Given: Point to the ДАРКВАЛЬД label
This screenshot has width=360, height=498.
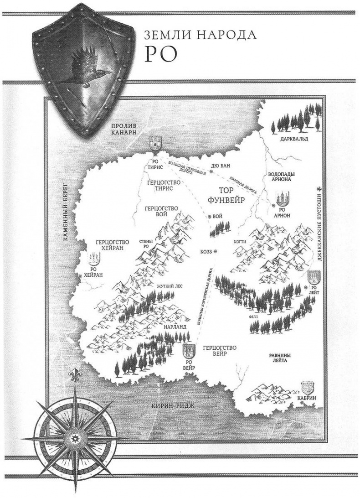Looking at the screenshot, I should point(297,137).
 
